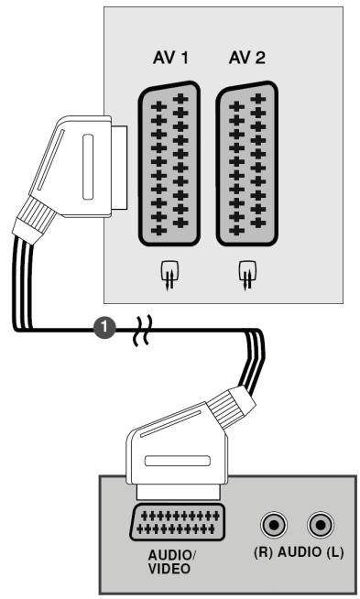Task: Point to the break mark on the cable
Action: point(143,330)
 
